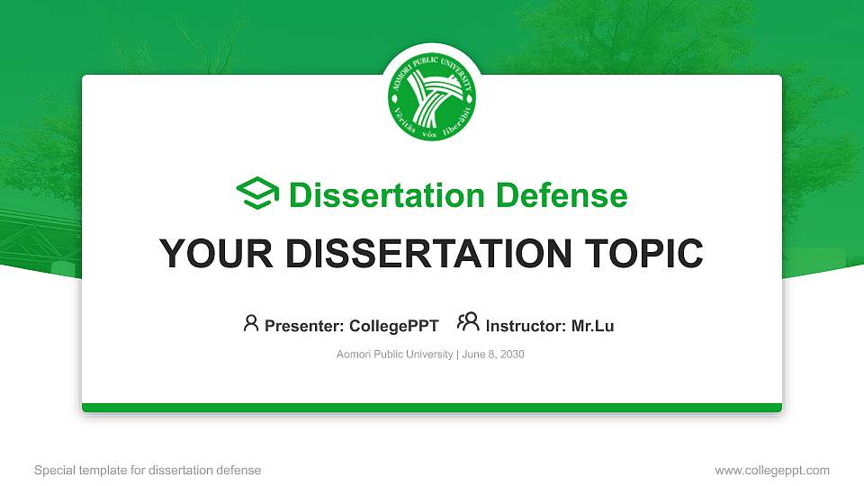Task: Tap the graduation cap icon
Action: tap(258, 194)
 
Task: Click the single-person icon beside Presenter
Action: tap(251, 324)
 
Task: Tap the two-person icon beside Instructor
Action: tap(468, 324)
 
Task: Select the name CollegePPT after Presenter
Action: tap(393, 326)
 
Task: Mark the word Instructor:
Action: tap(526, 326)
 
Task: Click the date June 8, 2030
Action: tap(494, 355)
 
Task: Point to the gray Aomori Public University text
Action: tap(394, 355)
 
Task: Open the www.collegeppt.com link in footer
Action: tap(771, 470)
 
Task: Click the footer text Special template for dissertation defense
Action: tap(148, 470)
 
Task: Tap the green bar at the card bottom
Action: tap(431, 408)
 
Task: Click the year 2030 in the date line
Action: tap(512, 355)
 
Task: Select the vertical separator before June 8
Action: tap(458, 355)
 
